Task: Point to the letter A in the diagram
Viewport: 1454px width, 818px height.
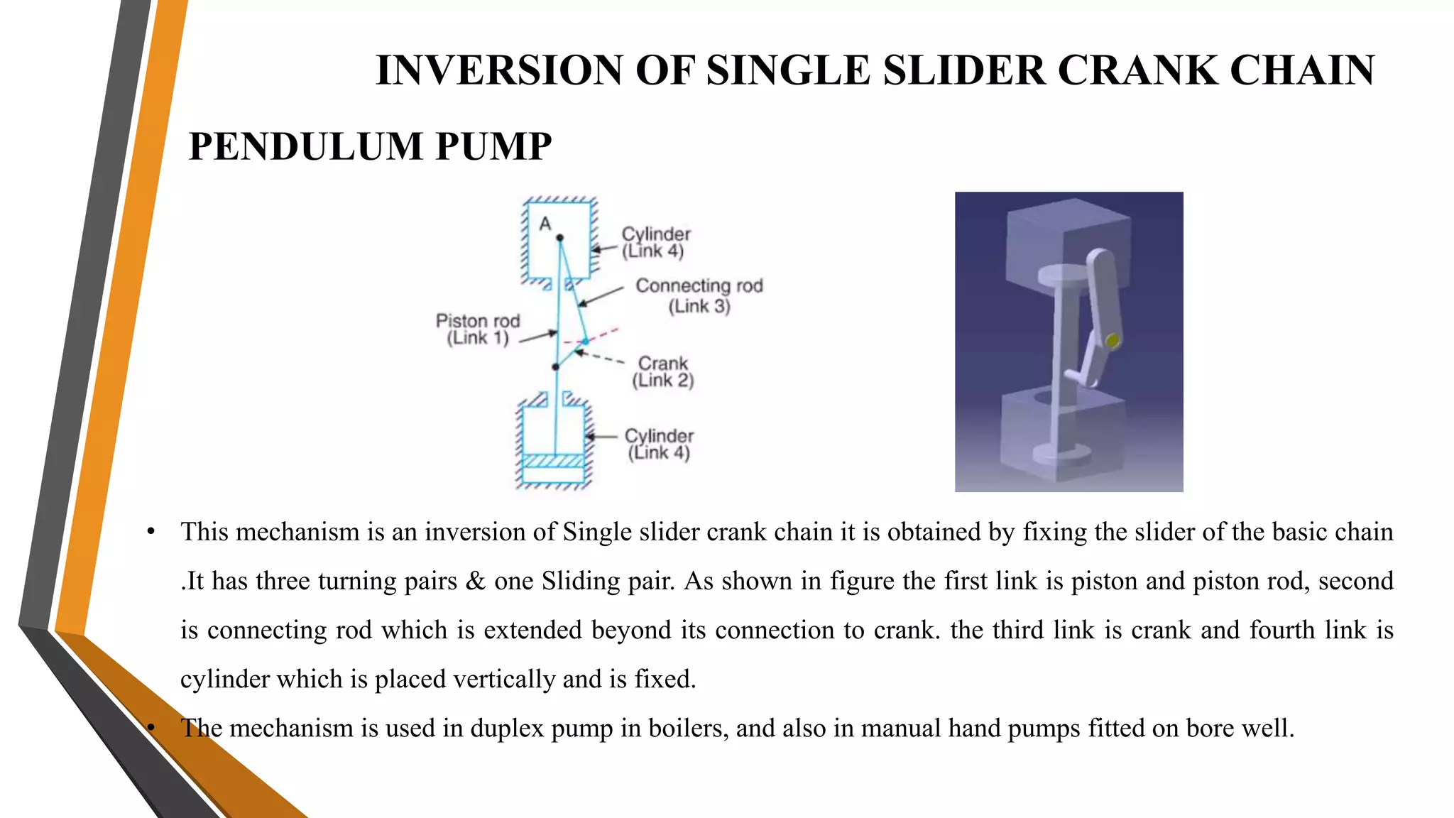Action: click(545, 224)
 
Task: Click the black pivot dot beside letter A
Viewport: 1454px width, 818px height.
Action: click(559, 238)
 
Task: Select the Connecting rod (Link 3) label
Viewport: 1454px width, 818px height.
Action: click(699, 295)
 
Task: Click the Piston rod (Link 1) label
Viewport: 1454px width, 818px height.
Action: click(478, 329)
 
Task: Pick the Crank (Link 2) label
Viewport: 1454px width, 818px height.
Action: click(662, 372)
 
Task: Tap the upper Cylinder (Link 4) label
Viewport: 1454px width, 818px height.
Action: click(655, 242)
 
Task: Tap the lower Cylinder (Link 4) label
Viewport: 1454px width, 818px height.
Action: click(658, 445)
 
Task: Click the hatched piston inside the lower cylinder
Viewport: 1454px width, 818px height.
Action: click(553, 461)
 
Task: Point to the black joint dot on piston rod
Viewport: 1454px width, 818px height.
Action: click(555, 367)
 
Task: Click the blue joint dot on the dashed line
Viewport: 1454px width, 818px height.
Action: click(585, 342)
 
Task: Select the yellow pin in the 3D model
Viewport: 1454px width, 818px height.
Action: click(1113, 342)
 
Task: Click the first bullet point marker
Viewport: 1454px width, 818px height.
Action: click(151, 532)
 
